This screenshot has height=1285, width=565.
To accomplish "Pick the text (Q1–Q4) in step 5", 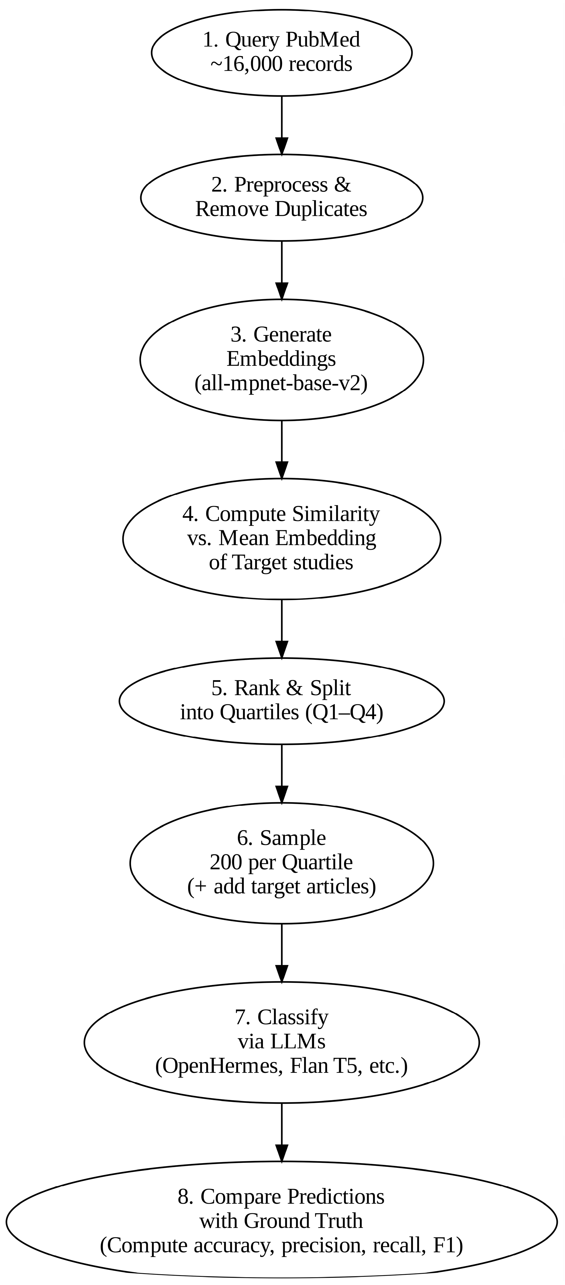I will [344, 713].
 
